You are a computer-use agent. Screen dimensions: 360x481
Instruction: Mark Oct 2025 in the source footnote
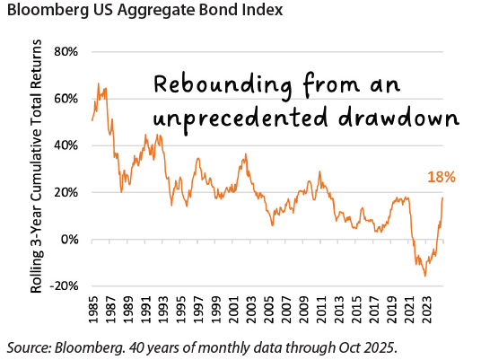coord(361,346)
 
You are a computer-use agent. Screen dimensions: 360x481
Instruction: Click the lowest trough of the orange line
coord(425,276)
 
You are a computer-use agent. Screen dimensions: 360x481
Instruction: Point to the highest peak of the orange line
coord(98,83)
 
